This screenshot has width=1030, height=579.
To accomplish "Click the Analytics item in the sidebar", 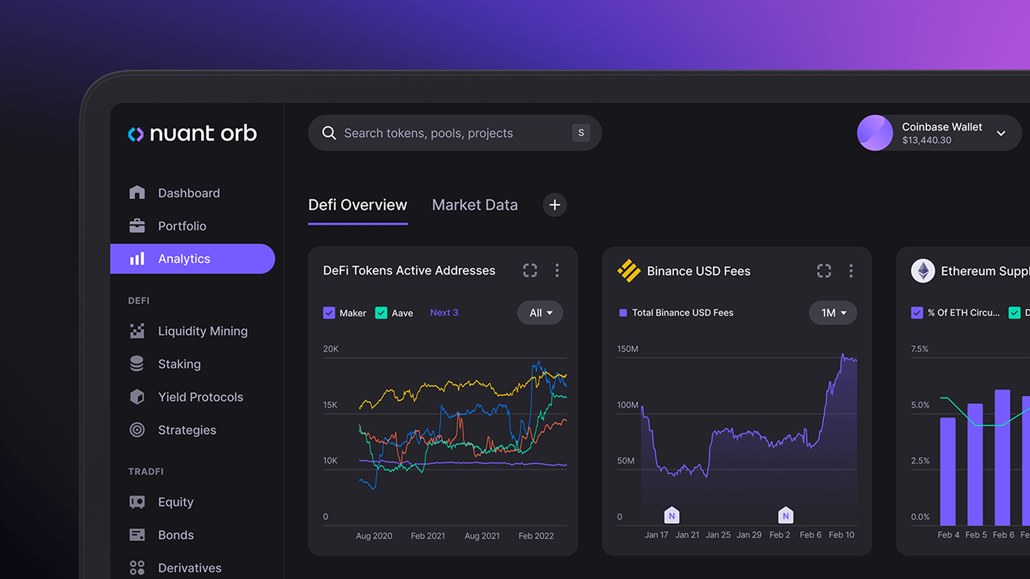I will tap(184, 259).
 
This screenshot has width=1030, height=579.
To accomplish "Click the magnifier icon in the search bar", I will tap(329, 133).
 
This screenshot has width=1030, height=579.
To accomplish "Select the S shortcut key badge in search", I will tap(580, 133).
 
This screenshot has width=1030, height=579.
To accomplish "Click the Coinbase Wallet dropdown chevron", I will tap(1001, 133).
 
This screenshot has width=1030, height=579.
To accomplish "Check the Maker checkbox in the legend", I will tap(329, 313).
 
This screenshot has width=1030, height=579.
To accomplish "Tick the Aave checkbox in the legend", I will tap(381, 313).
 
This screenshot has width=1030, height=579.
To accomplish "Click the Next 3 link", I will tap(444, 312).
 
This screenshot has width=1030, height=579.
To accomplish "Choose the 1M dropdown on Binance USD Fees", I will tap(833, 313).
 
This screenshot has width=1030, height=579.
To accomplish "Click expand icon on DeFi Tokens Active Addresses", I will tap(530, 270).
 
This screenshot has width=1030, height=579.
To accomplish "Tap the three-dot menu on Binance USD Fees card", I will tap(851, 271).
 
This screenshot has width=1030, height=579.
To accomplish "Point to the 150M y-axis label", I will tap(627, 349).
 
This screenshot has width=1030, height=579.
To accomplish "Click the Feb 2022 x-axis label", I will tap(536, 535).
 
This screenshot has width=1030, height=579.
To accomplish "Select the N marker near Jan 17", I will tap(671, 515).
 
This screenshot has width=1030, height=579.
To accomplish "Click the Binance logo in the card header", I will tap(628, 271).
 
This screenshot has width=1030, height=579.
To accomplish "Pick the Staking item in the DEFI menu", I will tap(179, 364).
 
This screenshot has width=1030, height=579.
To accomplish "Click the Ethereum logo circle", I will tap(922, 271).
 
